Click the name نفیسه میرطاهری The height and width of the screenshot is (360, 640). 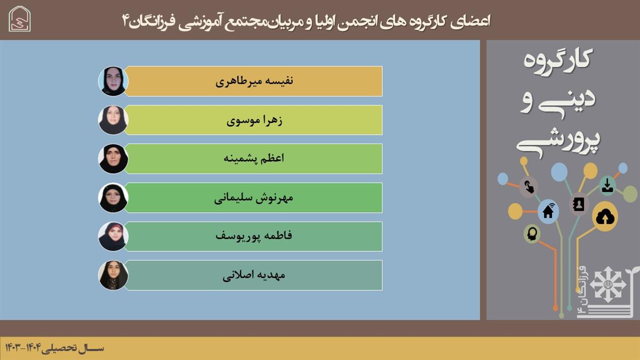click(x=254, y=82)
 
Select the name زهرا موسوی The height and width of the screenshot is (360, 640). click(x=254, y=121)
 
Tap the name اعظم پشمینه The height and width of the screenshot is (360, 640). click(x=254, y=158)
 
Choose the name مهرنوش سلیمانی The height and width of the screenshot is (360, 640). click(x=254, y=198)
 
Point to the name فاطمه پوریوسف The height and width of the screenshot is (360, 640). click(x=254, y=236)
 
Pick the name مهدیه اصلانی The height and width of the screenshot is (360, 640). click(x=254, y=275)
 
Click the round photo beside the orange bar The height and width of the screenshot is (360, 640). click(x=113, y=81)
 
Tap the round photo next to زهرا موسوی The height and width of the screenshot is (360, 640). click(x=113, y=120)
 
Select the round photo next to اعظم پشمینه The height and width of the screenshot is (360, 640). click(x=113, y=159)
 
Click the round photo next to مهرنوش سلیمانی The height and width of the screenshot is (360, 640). click(x=113, y=198)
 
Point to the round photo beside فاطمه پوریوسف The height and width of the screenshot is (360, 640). click(x=113, y=237)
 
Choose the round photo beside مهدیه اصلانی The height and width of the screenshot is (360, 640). click(x=113, y=275)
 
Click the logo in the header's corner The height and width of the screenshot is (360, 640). click(x=20, y=19)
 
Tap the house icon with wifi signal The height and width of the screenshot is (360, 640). click(x=548, y=211)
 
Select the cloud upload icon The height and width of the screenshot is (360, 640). click(x=605, y=217)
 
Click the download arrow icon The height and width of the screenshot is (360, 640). click(x=607, y=186)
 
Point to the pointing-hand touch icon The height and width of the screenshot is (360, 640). click(x=529, y=187)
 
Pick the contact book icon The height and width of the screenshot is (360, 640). click(x=579, y=204)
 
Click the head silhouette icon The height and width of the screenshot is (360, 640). click(x=532, y=234)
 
